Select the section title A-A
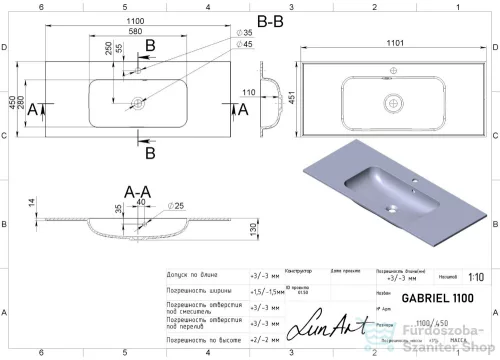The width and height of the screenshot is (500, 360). click(137, 191)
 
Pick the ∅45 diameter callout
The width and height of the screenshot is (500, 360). click(244, 45)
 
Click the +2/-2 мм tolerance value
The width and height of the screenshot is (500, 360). click(263, 340)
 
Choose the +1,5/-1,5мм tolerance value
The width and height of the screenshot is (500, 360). click(263, 291)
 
